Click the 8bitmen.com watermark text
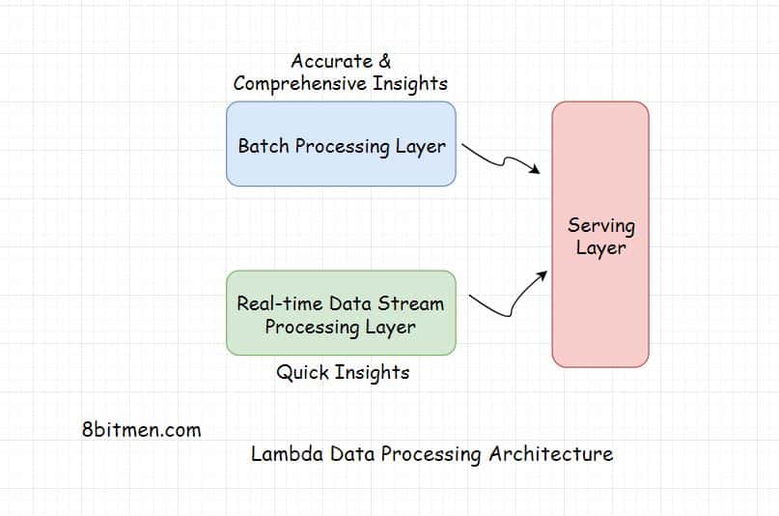(142, 430)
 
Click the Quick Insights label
(343, 372)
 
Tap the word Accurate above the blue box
(331, 62)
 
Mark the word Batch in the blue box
(263, 147)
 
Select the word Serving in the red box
(600, 225)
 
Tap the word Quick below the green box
(303, 372)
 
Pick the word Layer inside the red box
(600, 248)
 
